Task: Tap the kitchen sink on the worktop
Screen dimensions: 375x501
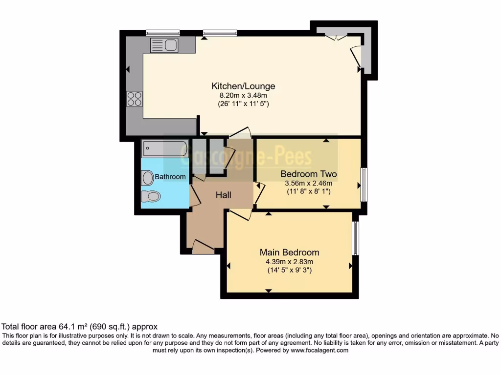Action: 164,46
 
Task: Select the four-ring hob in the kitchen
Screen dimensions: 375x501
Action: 135,99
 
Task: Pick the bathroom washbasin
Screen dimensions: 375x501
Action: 148,178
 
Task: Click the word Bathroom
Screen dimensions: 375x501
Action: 170,177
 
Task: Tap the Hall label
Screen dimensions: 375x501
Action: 224,195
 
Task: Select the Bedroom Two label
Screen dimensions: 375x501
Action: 308,174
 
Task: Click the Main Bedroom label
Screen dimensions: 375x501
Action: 289,252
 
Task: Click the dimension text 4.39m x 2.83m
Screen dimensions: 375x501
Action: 289,261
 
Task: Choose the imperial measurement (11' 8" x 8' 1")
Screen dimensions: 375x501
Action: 308,192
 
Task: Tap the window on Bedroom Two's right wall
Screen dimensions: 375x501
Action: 364,185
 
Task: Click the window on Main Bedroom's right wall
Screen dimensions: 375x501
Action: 356,238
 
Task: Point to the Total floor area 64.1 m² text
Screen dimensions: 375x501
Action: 80,327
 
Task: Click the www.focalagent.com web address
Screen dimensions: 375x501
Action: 319,350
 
